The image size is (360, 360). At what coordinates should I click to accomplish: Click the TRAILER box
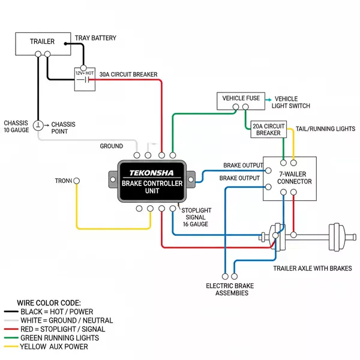click(x=43, y=42)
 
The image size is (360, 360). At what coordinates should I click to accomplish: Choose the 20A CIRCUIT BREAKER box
click(x=268, y=130)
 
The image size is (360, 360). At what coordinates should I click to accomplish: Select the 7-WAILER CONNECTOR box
click(x=289, y=178)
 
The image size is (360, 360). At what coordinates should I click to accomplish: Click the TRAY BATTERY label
click(x=95, y=38)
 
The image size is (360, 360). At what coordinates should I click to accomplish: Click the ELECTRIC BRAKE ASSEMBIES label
click(x=227, y=289)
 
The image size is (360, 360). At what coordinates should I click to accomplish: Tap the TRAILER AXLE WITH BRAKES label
click(x=312, y=268)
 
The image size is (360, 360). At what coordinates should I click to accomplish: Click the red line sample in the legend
click(x=11, y=329)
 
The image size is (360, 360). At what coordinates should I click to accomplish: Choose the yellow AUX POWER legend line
click(x=11, y=347)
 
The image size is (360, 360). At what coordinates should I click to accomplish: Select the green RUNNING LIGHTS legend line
click(x=11, y=338)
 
